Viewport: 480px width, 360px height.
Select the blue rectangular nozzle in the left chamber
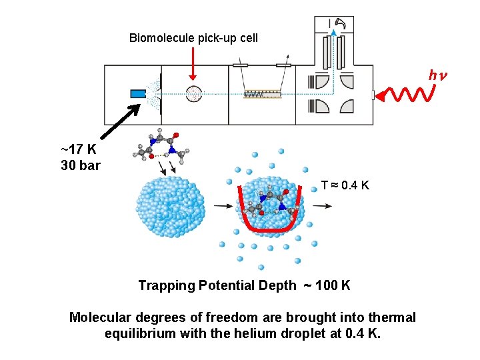(138, 93)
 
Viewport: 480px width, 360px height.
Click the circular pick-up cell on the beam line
(193, 94)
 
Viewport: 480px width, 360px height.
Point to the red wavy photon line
(408, 96)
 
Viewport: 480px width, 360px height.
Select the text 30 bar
(80, 165)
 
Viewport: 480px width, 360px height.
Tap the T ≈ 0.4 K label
(345, 185)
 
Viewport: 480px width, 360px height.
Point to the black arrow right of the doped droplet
(323, 206)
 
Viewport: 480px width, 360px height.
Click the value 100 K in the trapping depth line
(333, 286)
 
